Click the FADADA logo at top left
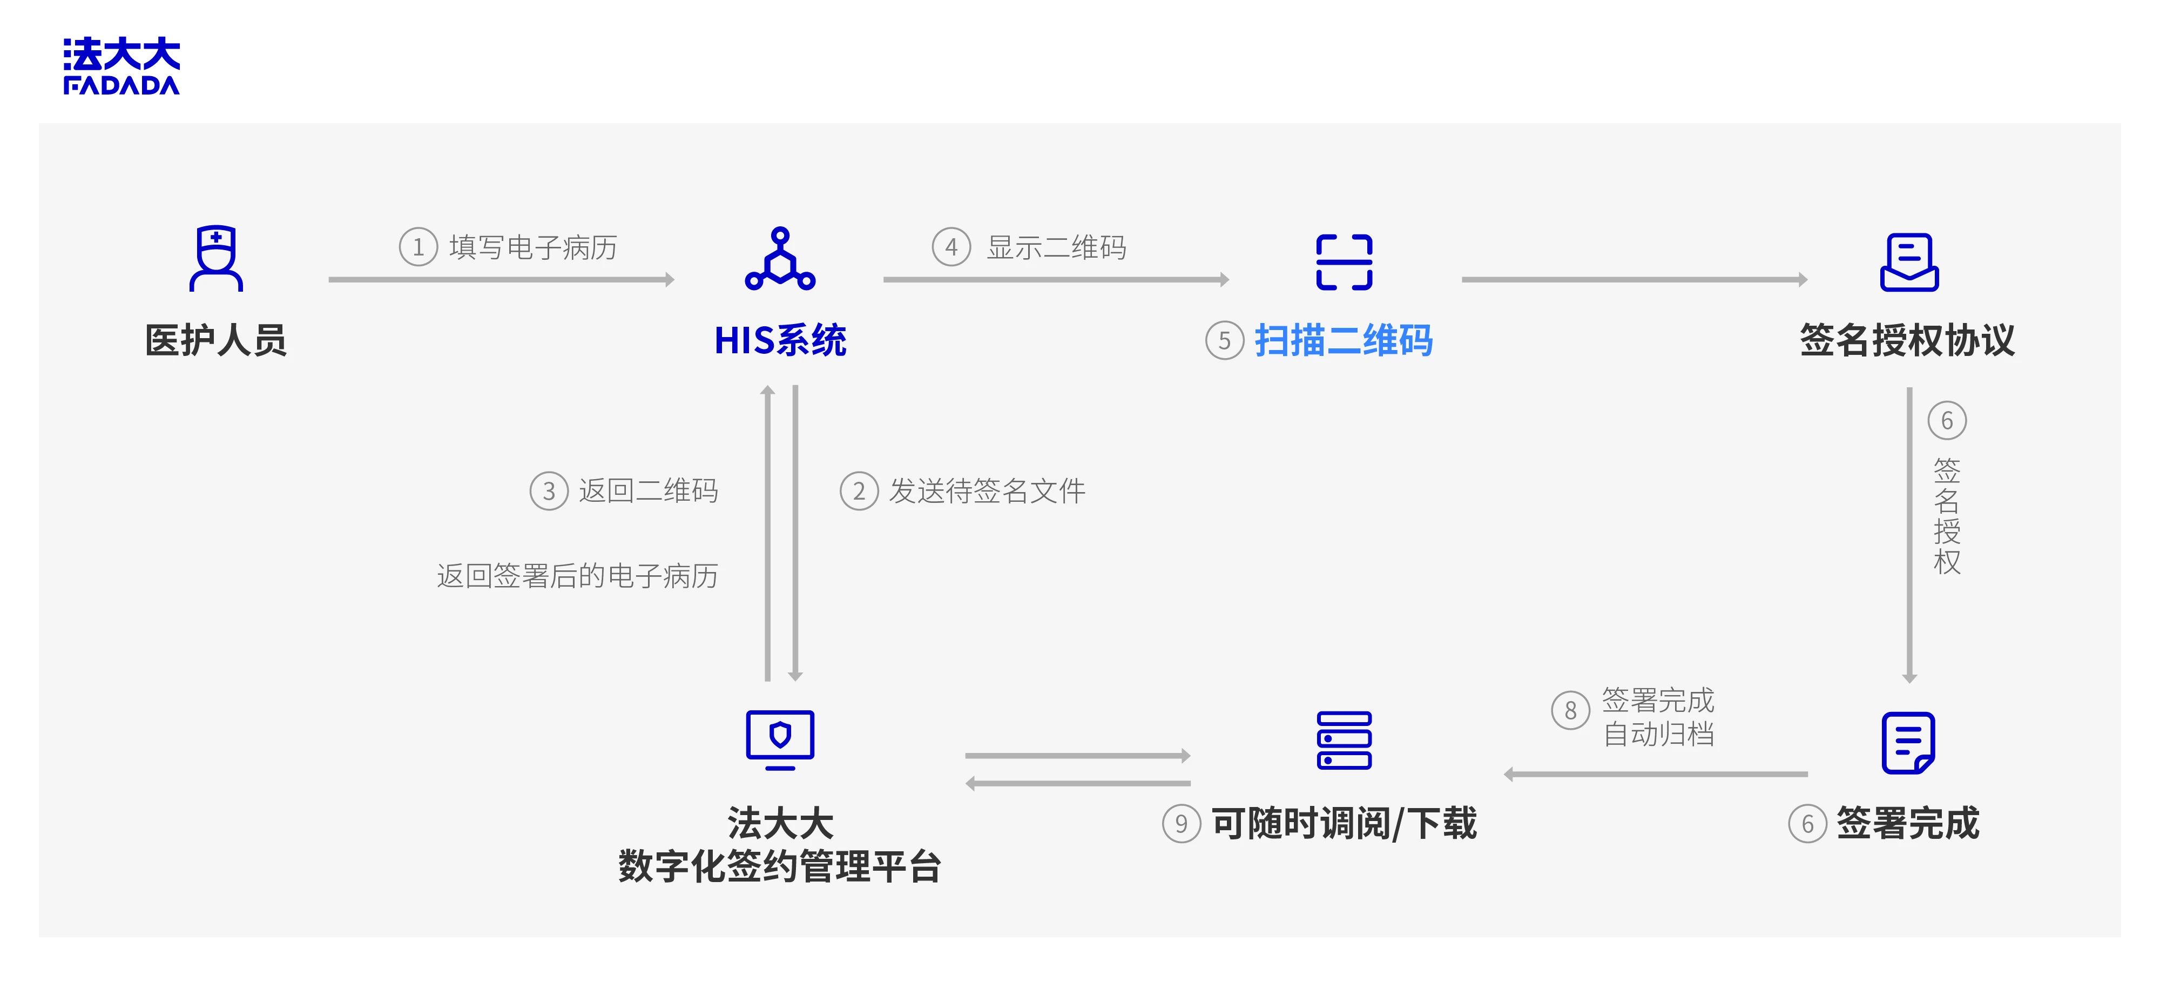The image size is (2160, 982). coord(122,65)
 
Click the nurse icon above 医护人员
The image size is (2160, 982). coord(217,258)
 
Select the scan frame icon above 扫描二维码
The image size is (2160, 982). coord(1344,261)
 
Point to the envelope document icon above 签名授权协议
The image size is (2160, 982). coord(1909,261)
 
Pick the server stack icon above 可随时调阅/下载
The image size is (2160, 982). coord(1344,739)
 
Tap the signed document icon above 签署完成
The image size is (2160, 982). coord(1908,742)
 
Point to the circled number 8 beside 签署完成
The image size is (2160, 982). coord(1570,710)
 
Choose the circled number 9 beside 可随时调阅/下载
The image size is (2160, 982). coord(1180,824)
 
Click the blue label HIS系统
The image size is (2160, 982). coord(780,340)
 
